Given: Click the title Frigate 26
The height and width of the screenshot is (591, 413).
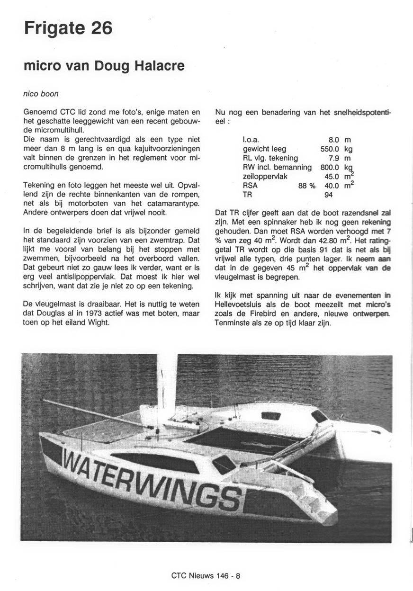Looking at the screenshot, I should click(x=68, y=28).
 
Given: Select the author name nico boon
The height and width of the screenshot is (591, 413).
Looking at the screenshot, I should click(x=41, y=94).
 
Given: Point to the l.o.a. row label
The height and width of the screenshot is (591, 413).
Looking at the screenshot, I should click(x=251, y=140).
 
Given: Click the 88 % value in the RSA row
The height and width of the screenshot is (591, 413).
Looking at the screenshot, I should click(x=306, y=186).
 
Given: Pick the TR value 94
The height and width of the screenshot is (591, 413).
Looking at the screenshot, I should click(x=329, y=195).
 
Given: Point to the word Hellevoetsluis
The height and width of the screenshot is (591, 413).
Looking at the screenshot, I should click(x=239, y=304).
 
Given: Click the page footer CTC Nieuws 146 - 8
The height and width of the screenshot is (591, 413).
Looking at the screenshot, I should click(x=206, y=576).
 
